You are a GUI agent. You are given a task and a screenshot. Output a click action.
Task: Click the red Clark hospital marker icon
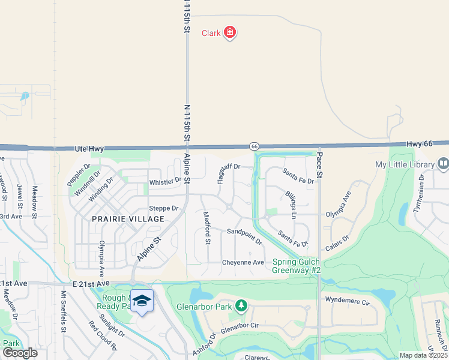click(229, 32)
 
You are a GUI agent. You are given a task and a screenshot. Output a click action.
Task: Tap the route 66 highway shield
click(255, 146)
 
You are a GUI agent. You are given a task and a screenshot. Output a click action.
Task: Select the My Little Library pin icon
click(443, 164)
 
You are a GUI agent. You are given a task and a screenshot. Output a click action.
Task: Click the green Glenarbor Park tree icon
click(241, 307)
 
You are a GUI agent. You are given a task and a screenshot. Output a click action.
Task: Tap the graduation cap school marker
click(142, 300)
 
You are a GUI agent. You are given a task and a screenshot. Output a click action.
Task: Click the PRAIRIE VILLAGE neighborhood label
click(128, 219)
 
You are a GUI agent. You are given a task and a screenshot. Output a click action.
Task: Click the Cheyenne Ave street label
click(243, 263)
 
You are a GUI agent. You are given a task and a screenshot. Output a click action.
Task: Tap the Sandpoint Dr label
click(244, 236)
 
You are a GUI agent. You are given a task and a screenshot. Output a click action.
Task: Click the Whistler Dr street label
click(165, 181)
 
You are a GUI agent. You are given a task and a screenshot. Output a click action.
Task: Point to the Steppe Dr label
click(164, 208)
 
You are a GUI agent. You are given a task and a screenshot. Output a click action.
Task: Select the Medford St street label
click(207, 228)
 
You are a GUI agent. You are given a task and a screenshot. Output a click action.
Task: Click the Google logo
click(19, 353)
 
